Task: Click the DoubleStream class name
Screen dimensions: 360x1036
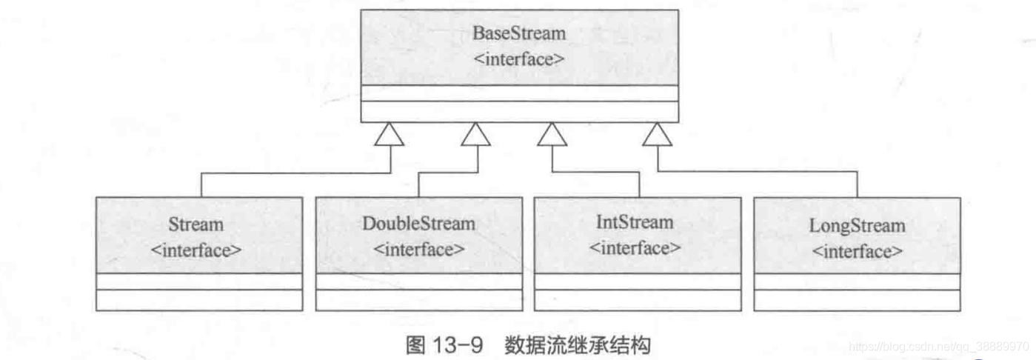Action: (418, 223)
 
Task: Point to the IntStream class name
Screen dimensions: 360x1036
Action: (635, 221)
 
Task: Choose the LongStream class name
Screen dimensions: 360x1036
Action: (857, 225)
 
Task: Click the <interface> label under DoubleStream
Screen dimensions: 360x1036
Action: (418, 249)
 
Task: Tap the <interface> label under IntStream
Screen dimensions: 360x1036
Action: (635, 247)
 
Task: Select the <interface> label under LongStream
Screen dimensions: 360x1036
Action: (857, 250)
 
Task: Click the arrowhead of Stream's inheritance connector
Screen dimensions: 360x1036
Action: (391, 134)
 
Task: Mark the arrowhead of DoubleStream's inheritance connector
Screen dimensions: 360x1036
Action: (475, 134)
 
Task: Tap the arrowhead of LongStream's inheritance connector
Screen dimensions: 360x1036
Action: (657, 134)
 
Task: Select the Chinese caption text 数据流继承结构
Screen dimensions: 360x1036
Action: (578, 346)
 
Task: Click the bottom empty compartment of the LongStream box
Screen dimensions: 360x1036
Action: (857, 300)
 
